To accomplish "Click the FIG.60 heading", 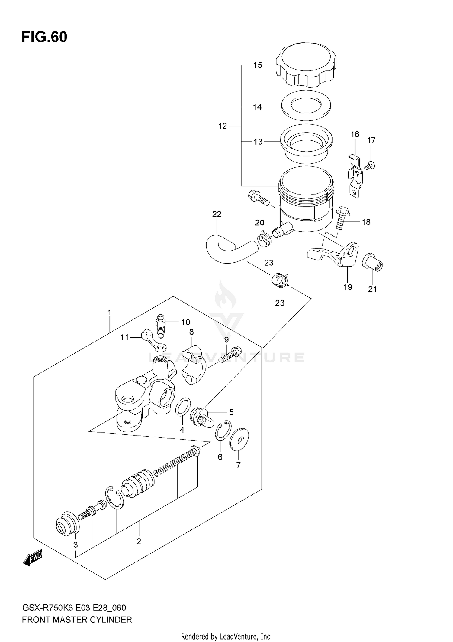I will pos(44,37).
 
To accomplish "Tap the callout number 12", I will pos(223,126).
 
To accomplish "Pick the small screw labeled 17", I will pos(370,165).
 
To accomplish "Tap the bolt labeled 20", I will pos(259,200).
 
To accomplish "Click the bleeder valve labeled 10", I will pos(160,327).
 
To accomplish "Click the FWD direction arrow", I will pos(33,557).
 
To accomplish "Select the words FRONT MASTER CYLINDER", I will pos(77,620).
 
